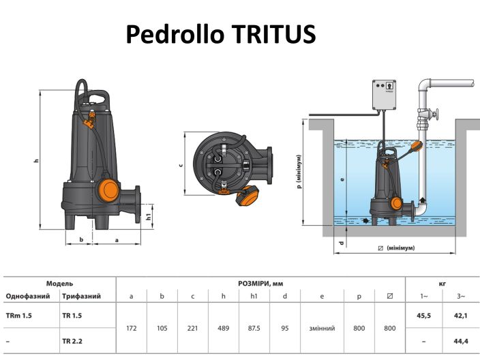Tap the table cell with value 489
(224, 328)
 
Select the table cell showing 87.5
(254, 328)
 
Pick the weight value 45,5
(423, 316)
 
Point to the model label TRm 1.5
(19, 316)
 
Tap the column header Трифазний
(82, 297)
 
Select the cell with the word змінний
(321, 328)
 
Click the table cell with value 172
(132, 328)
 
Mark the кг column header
(442, 283)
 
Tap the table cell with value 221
(193, 328)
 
